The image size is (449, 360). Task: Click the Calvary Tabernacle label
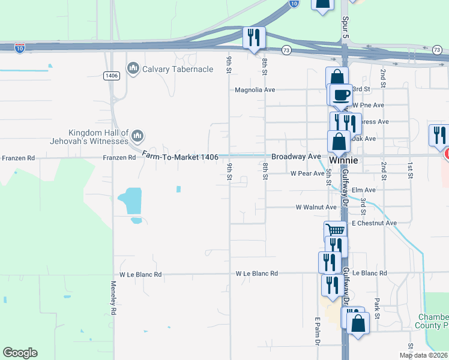pyautogui.click(x=178, y=69)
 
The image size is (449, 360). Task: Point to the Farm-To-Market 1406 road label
pyautogui.click(x=179, y=156)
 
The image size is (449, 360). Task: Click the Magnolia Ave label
pyautogui.click(x=255, y=90)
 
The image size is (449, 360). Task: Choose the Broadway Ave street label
pyautogui.click(x=296, y=156)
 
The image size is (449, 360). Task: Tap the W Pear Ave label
pyautogui.click(x=307, y=173)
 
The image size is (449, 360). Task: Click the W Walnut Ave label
pyautogui.click(x=316, y=207)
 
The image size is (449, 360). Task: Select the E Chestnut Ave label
pyautogui.click(x=375, y=223)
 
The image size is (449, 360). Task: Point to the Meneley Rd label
pyautogui.click(x=113, y=299)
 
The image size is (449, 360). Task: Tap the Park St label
pyautogui.click(x=376, y=308)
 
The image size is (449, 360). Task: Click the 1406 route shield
pyautogui.click(x=112, y=76)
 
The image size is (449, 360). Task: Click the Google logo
pyautogui.click(x=20, y=353)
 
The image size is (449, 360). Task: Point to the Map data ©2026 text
pyautogui.click(x=424, y=355)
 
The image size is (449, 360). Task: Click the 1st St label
pyautogui.click(x=411, y=170)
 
